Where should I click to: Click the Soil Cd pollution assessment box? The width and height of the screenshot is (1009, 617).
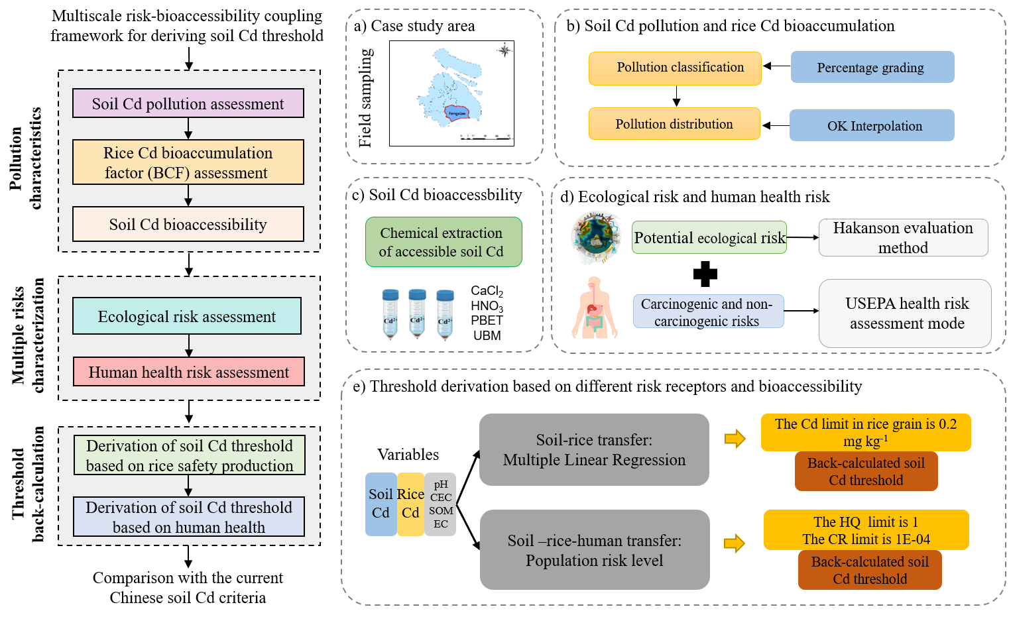pyautogui.click(x=188, y=103)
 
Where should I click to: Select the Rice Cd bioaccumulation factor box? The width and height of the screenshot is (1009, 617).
pyautogui.click(x=188, y=162)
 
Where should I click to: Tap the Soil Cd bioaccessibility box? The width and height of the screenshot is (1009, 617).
pyautogui.click(x=188, y=225)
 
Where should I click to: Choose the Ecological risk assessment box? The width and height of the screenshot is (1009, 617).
pyautogui.click(x=187, y=316)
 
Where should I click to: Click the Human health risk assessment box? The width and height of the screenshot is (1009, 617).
pyautogui.click(x=189, y=372)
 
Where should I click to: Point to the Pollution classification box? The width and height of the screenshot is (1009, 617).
pyautogui.click(x=675, y=68)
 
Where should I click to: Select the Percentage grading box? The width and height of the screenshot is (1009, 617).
pyautogui.click(x=872, y=67)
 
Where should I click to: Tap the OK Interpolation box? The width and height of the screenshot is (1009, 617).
pyautogui.click(x=872, y=125)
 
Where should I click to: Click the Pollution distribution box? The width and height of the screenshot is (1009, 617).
pyautogui.click(x=674, y=124)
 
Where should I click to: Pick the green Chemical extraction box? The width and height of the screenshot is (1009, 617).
pyautogui.click(x=444, y=242)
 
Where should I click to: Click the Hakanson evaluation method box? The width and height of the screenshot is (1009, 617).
pyautogui.click(x=903, y=237)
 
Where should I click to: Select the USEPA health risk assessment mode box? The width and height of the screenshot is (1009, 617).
pyautogui.click(x=906, y=313)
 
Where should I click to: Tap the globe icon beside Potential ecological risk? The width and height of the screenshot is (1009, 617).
pyautogui.click(x=596, y=237)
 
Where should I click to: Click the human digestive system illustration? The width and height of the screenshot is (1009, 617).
pyautogui.click(x=595, y=308)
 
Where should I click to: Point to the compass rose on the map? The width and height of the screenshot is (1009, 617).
pyautogui.click(x=504, y=50)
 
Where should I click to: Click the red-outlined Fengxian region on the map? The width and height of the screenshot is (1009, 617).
pyautogui.click(x=457, y=113)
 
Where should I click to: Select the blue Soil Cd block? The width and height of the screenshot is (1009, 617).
pyautogui.click(x=381, y=504)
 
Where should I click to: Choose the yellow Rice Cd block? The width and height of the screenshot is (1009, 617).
pyautogui.click(x=410, y=504)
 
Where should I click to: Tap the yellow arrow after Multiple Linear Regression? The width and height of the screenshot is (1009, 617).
pyautogui.click(x=735, y=439)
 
